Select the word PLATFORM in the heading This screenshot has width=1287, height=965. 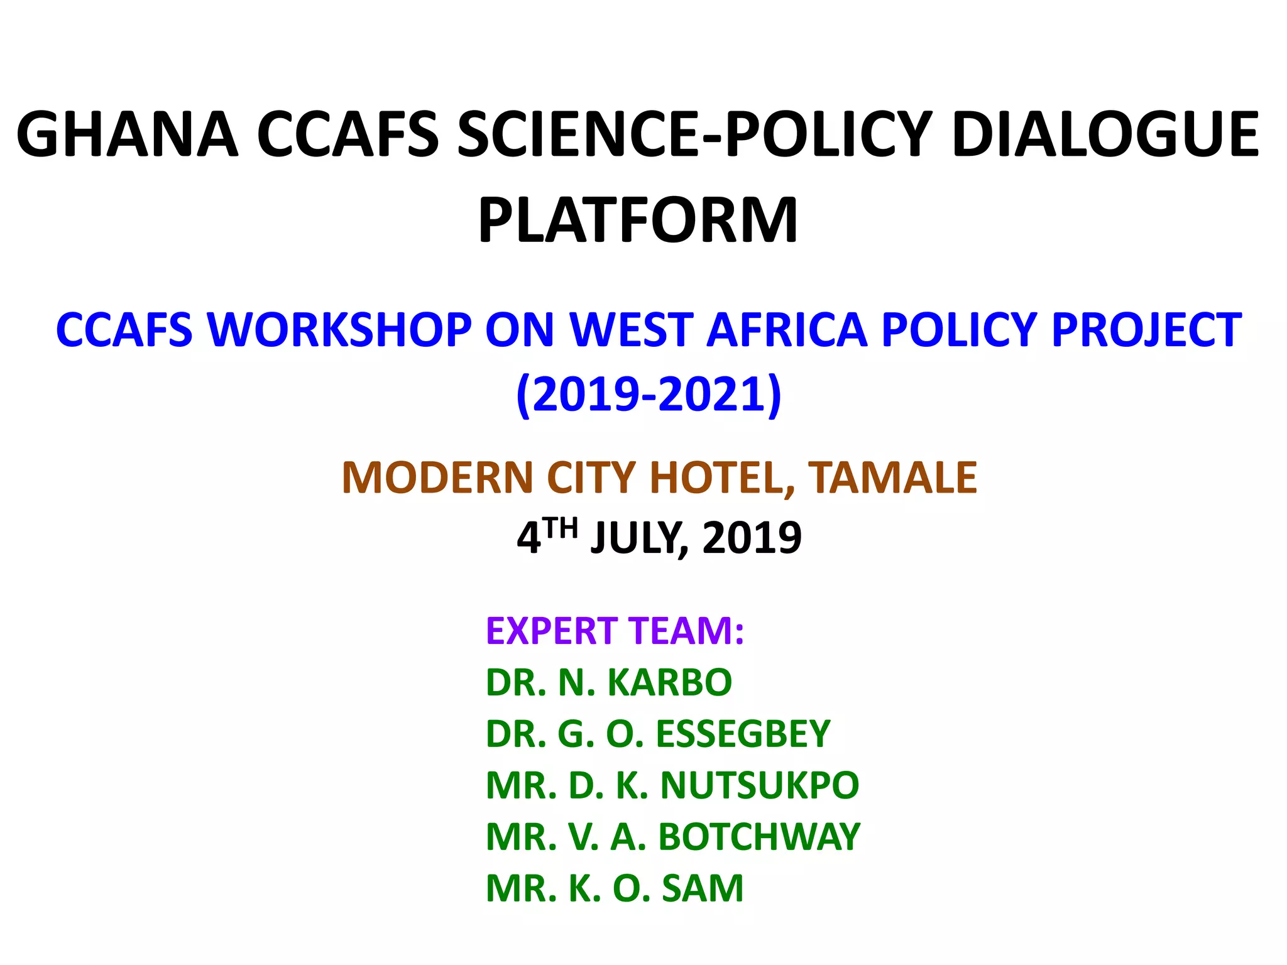click(x=638, y=220)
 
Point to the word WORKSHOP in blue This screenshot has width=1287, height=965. click(x=339, y=330)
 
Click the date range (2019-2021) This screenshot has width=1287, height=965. click(x=649, y=395)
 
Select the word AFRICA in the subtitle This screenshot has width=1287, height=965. click(x=787, y=330)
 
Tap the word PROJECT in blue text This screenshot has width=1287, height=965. click(x=1146, y=330)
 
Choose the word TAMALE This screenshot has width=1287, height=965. click(x=892, y=478)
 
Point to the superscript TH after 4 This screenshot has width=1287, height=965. click(x=561, y=528)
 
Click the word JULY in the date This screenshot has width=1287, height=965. click(x=635, y=538)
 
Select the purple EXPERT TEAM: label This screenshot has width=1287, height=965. click(x=615, y=631)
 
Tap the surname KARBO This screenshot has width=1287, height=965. click(x=670, y=682)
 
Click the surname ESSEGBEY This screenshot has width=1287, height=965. click(x=743, y=734)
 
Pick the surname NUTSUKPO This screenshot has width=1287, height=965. click(x=760, y=785)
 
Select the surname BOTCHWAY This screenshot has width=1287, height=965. click(x=759, y=837)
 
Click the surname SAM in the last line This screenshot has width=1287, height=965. click(x=703, y=888)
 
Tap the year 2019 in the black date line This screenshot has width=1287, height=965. click(x=752, y=538)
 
